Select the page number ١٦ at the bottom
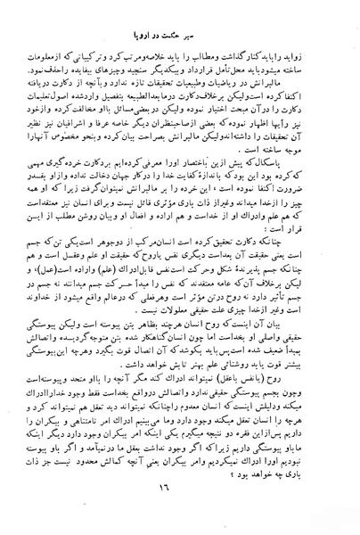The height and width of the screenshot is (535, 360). click(183, 514)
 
